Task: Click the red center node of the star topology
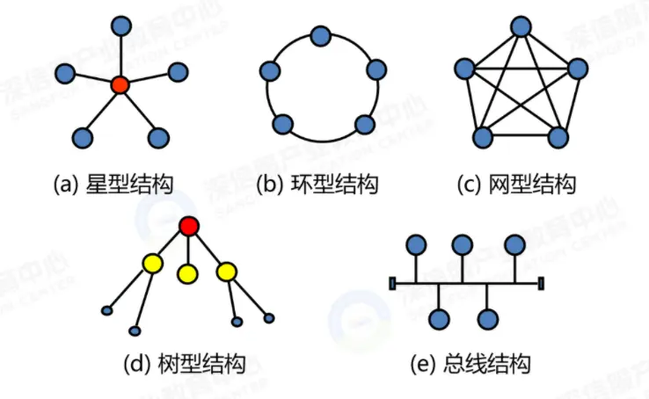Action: point(120,85)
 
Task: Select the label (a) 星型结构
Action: point(113,185)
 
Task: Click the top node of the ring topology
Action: point(321,37)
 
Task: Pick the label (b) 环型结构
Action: point(317,185)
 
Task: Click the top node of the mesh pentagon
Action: point(521,26)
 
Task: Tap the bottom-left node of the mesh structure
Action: point(483,137)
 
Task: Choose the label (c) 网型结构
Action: point(516,185)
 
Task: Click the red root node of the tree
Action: point(189,227)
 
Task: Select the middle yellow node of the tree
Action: point(187,274)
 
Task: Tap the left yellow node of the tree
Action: point(153,263)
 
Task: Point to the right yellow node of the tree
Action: point(228,271)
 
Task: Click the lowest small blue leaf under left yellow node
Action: point(135,331)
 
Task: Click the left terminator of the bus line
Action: point(392,283)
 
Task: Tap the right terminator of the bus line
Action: point(541,283)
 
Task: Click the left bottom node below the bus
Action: point(440,318)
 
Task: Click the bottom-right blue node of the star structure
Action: point(158,137)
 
